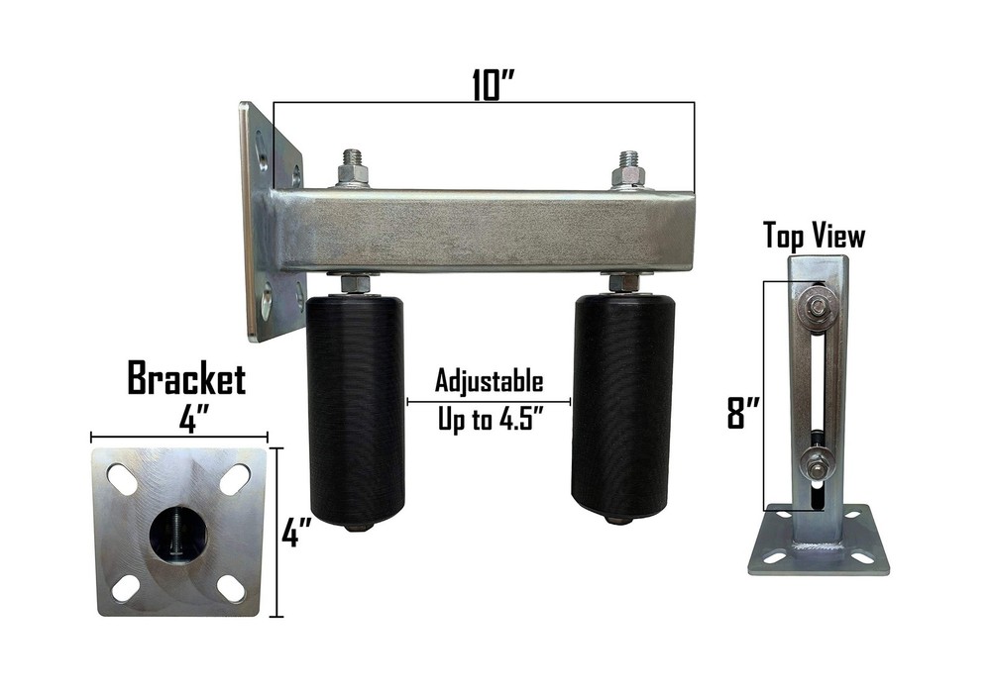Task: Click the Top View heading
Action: point(814,236)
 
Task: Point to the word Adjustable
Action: point(490,381)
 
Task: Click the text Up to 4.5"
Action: point(490,419)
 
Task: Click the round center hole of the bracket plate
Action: point(177,534)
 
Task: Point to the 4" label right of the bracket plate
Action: point(294,536)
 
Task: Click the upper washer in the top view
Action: point(818,310)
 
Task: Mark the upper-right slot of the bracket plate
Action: point(234,479)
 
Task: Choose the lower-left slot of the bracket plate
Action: point(125,588)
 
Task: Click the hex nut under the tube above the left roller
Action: point(355,283)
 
